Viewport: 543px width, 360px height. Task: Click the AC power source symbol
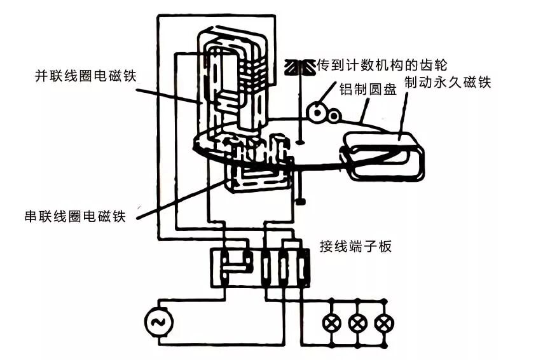click(157, 322)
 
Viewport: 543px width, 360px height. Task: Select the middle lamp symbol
click(357, 322)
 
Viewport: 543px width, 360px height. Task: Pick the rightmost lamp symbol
click(383, 322)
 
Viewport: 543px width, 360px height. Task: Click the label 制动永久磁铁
click(449, 81)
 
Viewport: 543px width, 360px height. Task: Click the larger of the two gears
click(315, 112)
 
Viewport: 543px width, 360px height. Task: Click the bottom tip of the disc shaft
click(299, 202)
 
